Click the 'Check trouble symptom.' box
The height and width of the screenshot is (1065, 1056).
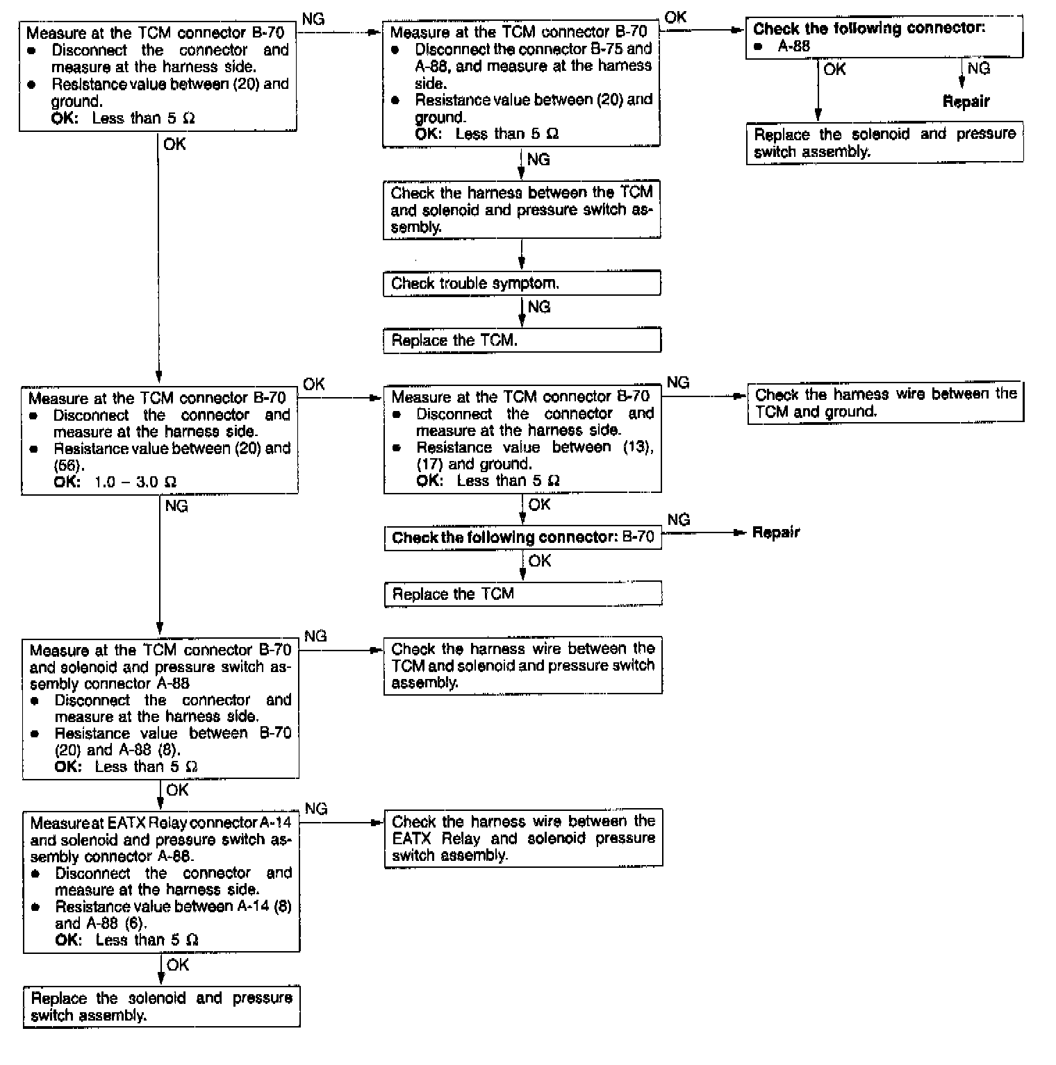(521, 283)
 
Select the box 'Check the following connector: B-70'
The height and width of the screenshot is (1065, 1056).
(522, 537)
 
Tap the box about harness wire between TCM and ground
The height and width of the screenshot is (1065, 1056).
(885, 403)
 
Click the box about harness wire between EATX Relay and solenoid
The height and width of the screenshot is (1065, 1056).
(522, 838)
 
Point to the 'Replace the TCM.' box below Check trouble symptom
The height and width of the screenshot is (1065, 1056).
(521, 340)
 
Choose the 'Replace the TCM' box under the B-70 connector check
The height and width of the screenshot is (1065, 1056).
(522, 594)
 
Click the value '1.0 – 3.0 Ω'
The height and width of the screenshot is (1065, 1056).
(135, 482)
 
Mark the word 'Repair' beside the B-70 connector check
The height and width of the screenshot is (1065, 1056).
(776, 532)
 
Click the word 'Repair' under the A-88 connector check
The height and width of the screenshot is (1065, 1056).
(966, 101)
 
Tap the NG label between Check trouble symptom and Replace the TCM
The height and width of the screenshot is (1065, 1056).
(539, 307)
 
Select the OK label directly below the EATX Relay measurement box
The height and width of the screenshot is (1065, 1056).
(178, 964)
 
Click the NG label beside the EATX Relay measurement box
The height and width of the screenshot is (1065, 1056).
(316, 809)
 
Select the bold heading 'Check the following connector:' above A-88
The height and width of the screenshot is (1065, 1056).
(868, 28)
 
